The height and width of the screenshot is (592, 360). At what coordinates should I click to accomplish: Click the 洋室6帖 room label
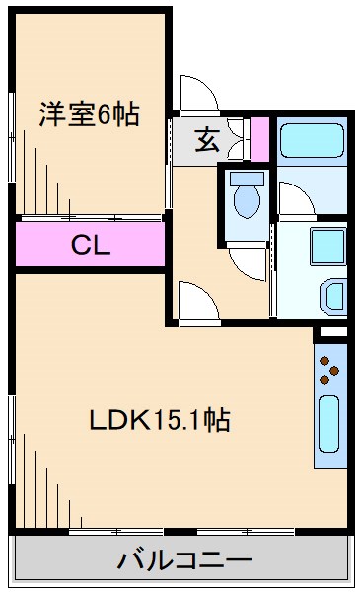[x=88, y=113]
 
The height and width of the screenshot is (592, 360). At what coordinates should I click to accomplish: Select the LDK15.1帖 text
[x=160, y=421]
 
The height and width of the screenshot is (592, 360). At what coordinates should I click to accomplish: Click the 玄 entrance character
[x=205, y=139]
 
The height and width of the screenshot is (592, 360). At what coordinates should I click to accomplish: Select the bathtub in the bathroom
[x=311, y=141]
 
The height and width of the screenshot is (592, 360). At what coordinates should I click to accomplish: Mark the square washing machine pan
[x=324, y=244]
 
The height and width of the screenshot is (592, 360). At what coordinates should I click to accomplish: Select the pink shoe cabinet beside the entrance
[x=259, y=139]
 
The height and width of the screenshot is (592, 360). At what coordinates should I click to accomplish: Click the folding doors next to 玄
[x=235, y=138]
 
